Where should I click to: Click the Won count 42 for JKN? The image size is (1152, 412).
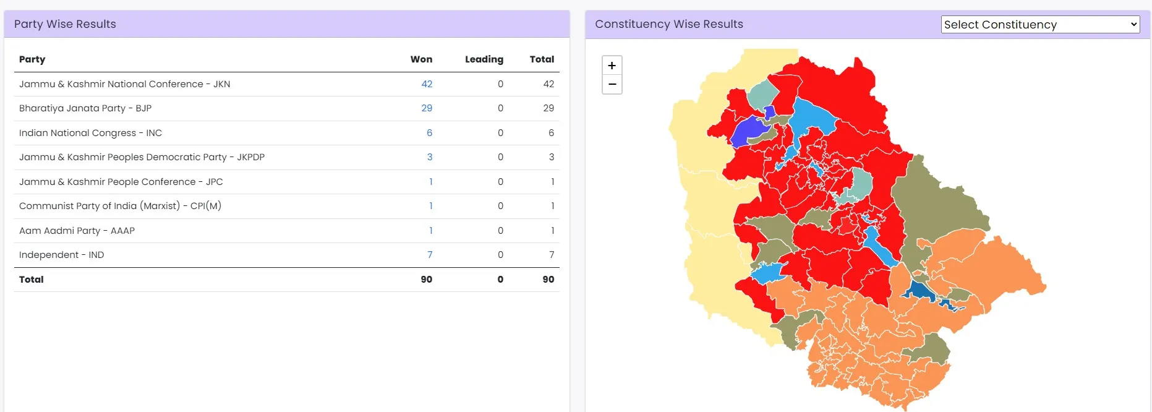(x=427, y=84)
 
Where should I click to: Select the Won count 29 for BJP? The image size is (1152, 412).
(x=427, y=108)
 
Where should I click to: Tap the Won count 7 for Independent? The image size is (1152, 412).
(x=430, y=255)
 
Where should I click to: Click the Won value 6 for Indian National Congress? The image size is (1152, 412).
(x=429, y=133)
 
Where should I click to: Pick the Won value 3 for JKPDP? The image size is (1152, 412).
(x=429, y=157)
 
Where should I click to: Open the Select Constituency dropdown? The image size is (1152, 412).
(x=1040, y=25)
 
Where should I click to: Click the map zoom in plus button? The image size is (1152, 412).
(x=612, y=66)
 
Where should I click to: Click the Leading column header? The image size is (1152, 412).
(x=484, y=59)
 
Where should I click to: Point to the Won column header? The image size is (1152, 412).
(x=421, y=59)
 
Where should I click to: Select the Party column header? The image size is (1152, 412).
(x=32, y=59)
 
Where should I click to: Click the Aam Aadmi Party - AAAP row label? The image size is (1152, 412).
(x=77, y=231)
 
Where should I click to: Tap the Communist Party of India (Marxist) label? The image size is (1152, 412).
(x=120, y=206)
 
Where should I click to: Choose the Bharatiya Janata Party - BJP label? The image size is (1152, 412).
(x=85, y=108)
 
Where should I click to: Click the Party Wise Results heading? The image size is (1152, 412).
(x=65, y=24)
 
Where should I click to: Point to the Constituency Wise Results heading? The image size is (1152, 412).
(x=668, y=24)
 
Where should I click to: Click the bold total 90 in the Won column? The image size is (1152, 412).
(x=426, y=280)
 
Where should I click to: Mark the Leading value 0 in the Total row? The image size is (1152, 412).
(x=500, y=280)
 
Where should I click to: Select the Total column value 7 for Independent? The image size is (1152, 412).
(x=551, y=255)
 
